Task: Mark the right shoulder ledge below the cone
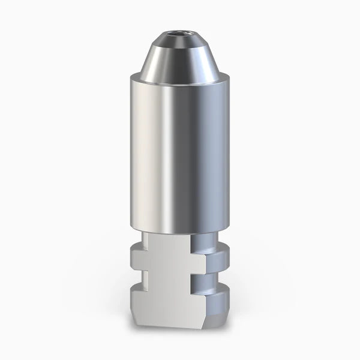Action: click(x=225, y=77)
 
